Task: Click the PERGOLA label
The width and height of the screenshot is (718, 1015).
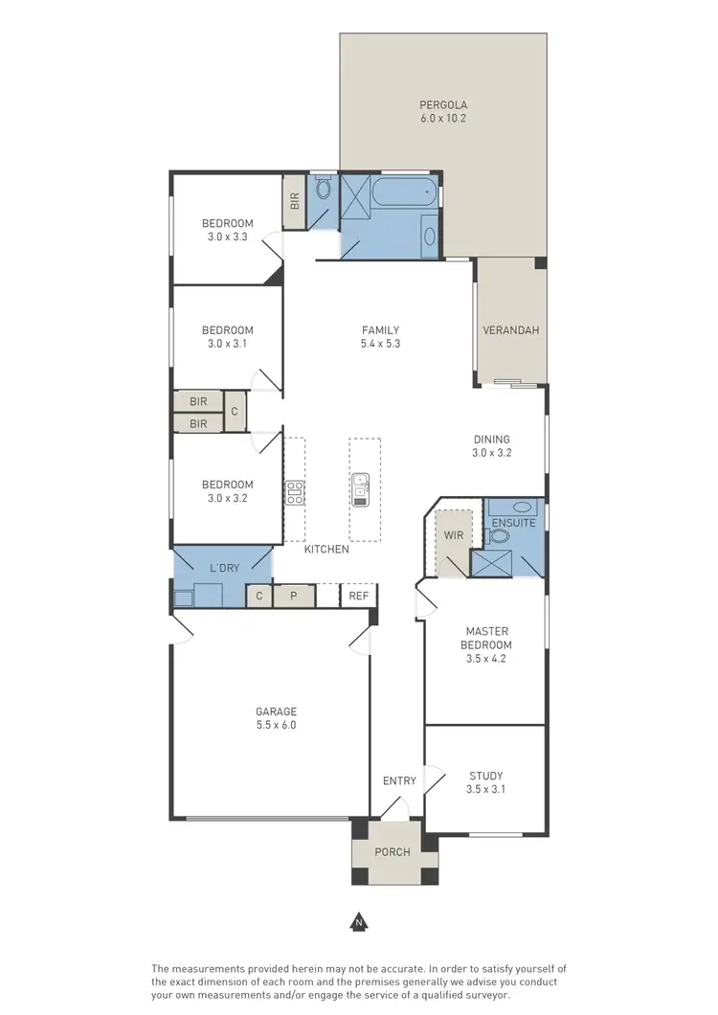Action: pyautogui.click(x=443, y=104)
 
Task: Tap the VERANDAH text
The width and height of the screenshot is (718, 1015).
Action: pyautogui.click(x=510, y=330)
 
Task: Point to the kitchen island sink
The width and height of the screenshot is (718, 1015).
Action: pyautogui.click(x=362, y=487)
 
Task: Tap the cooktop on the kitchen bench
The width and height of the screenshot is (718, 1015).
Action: pyautogui.click(x=294, y=492)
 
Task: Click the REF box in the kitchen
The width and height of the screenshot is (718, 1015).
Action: pyautogui.click(x=359, y=596)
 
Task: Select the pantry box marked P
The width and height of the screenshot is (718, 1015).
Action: pyautogui.click(x=295, y=596)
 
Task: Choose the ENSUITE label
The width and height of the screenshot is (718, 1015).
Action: pyautogui.click(x=514, y=523)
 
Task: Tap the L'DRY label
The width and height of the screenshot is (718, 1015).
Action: pyautogui.click(x=224, y=569)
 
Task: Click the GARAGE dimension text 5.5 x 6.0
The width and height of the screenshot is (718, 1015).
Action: pyautogui.click(x=276, y=725)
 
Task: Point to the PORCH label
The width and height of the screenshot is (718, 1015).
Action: pyautogui.click(x=393, y=852)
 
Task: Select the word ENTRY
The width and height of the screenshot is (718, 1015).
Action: pyautogui.click(x=399, y=780)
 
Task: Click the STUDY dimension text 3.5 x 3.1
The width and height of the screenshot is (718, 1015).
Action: pyautogui.click(x=485, y=790)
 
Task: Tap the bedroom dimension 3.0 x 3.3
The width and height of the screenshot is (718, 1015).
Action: pyautogui.click(x=227, y=237)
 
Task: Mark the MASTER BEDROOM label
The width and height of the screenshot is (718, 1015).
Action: pyautogui.click(x=485, y=638)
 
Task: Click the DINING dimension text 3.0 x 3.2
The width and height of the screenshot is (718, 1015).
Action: pyautogui.click(x=492, y=453)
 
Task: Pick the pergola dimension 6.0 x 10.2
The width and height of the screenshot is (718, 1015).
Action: pyautogui.click(x=443, y=118)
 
